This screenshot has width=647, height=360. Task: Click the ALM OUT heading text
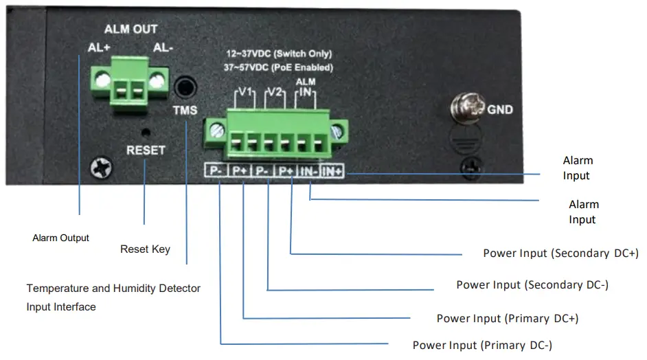130,30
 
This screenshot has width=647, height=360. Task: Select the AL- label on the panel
163,48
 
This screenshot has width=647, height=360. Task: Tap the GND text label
500,109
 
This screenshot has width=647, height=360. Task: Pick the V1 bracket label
246,92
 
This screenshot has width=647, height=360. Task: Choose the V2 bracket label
275,92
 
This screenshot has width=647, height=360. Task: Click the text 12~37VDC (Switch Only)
280,54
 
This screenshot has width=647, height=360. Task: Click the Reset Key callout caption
145,249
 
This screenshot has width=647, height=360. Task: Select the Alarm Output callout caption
61,238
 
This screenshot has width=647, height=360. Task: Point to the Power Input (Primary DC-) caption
482,345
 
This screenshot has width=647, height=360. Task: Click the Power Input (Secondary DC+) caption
560,253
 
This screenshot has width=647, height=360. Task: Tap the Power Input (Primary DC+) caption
508,318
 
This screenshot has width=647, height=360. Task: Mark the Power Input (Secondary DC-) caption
532,284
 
